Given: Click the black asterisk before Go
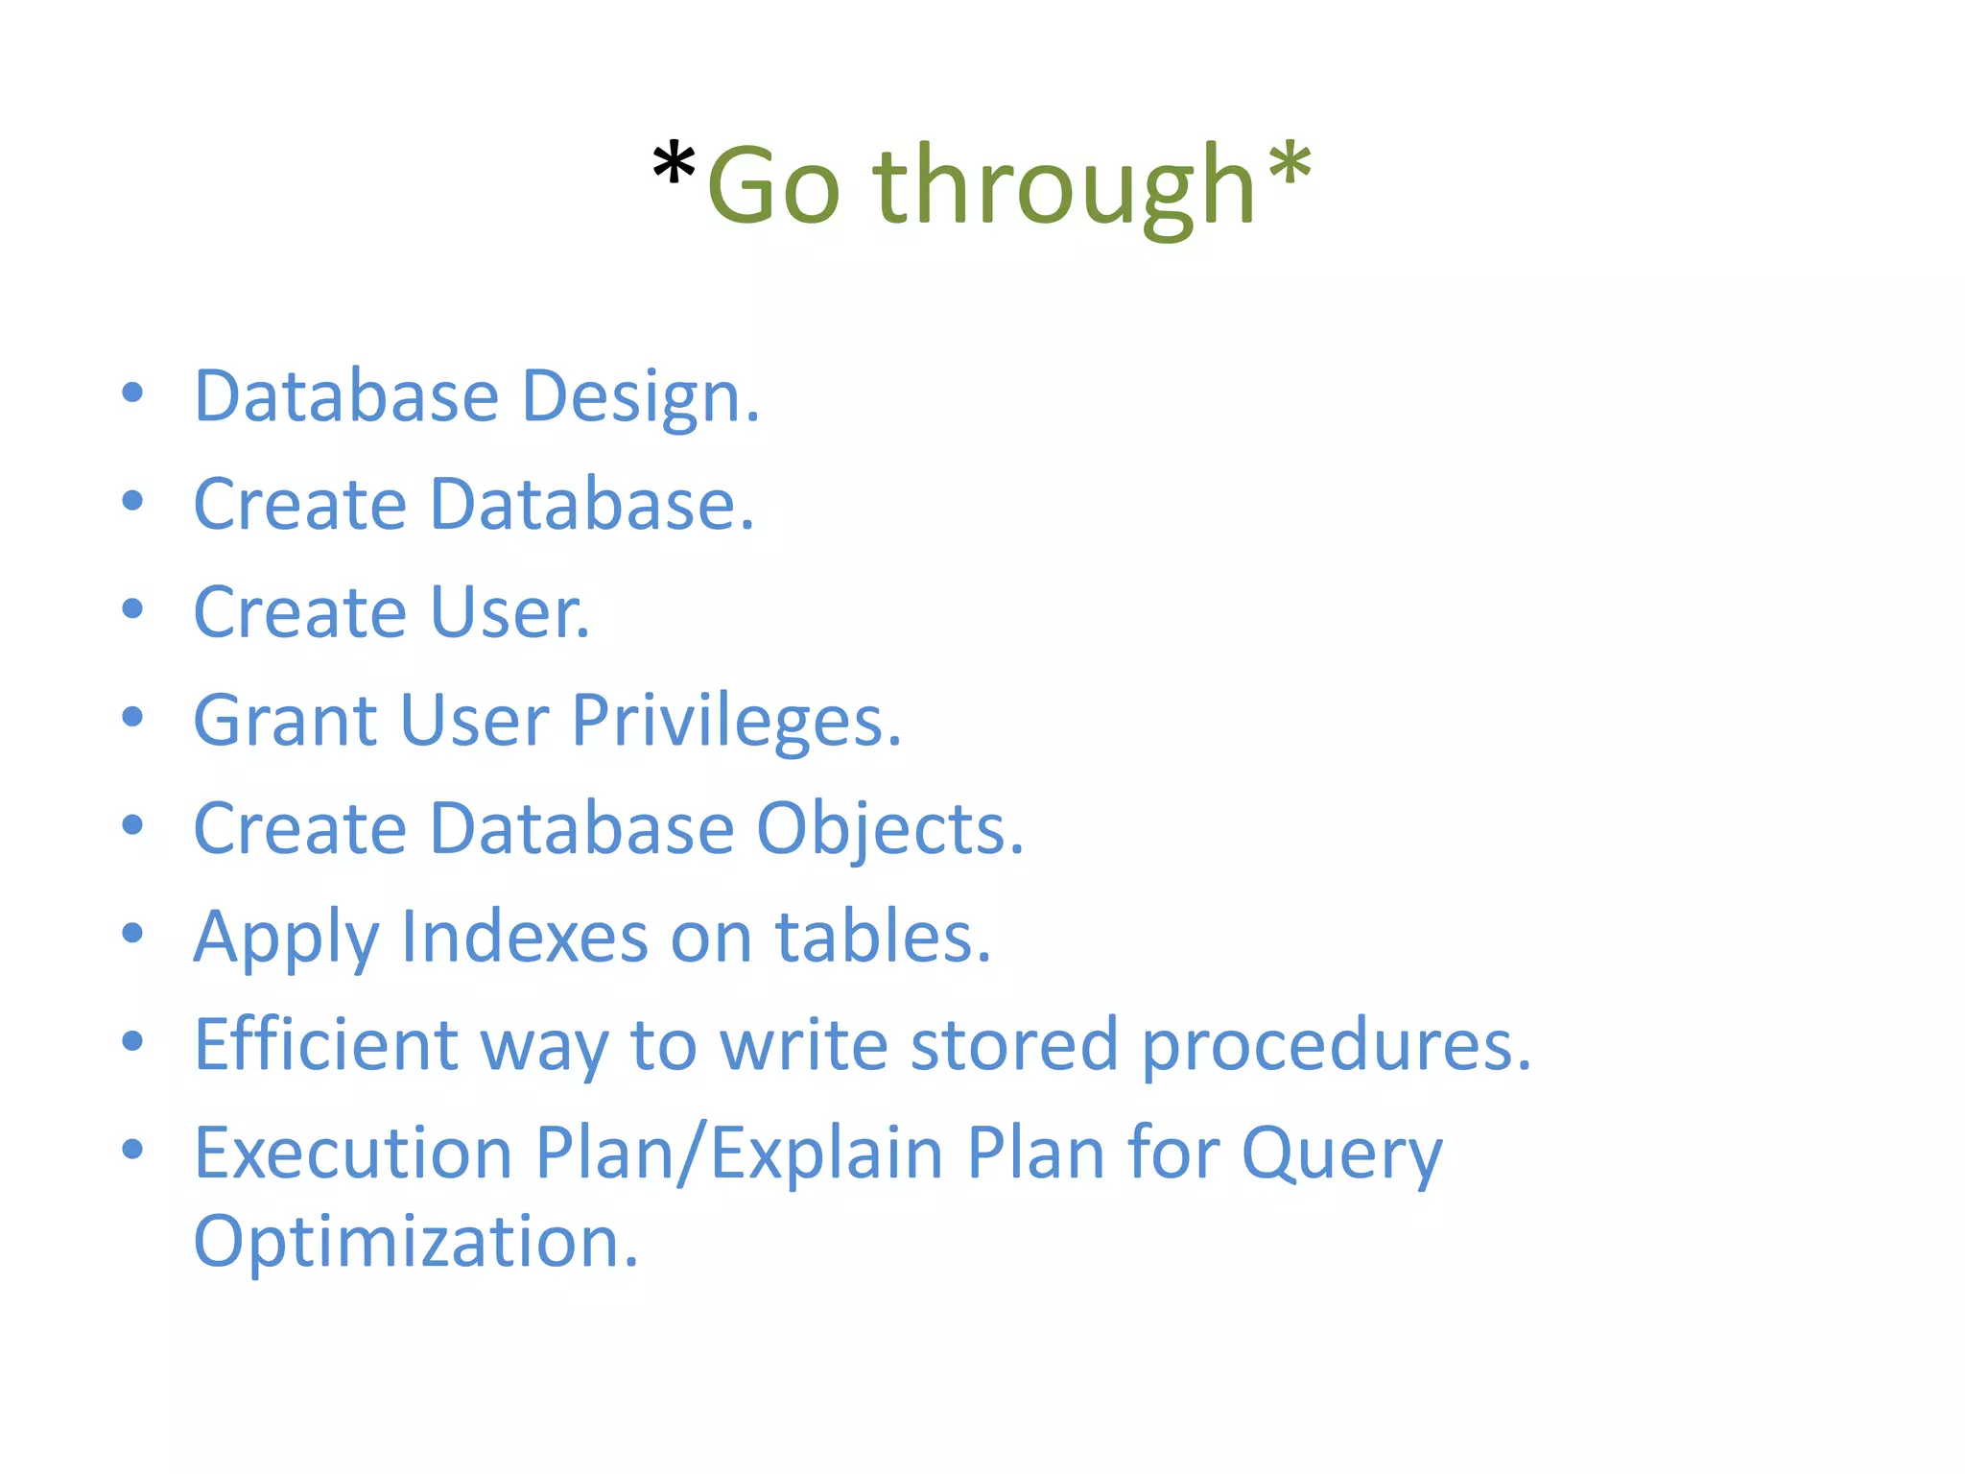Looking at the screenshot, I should [674, 165].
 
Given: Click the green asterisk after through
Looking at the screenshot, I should [1289, 165].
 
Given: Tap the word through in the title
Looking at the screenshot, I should [1063, 186].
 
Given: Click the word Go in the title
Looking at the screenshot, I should [773, 186].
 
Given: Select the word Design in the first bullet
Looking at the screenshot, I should [640, 396].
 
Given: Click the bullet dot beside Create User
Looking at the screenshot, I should [133, 608].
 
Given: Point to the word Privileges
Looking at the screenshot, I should [736, 721].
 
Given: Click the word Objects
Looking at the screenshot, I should [889, 829].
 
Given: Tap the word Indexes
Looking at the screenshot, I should [524, 937].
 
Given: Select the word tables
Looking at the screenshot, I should [882, 937].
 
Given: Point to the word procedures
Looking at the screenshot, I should [1336, 1045].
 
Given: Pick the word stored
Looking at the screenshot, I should [1013, 1045].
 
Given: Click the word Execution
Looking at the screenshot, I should [353, 1153].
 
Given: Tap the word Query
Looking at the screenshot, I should [1341, 1154].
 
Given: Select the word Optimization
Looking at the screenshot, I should [414, 1242].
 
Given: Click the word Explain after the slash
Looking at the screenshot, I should [827, 1154].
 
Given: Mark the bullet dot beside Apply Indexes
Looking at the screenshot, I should [133, 933].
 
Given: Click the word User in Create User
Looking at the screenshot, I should [509, 612].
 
